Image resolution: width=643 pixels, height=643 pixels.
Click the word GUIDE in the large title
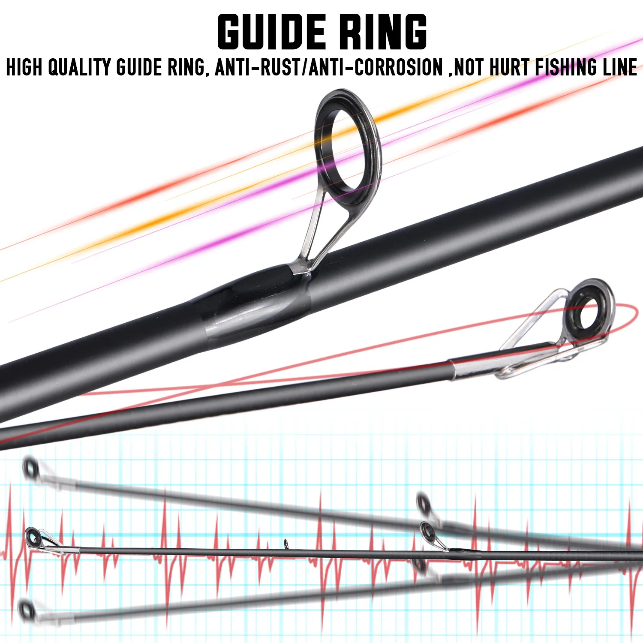(271, 32)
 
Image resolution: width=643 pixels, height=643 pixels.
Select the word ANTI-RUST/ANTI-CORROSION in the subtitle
(329, 68)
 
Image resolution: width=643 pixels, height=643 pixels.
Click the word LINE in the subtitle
(620, 68)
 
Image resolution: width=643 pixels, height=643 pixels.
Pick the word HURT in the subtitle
(509, 68)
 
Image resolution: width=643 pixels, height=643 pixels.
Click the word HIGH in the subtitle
(24, 68)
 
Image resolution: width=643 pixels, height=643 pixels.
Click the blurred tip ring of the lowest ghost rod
(27, 609)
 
